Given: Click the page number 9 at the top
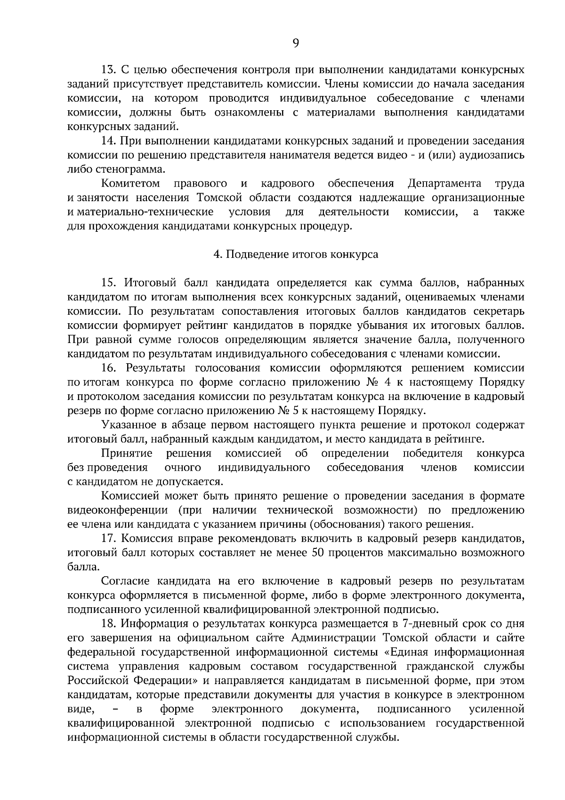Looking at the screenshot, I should (295, 43).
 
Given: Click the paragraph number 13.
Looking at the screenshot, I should (109, 70).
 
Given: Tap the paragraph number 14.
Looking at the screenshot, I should (109, 141).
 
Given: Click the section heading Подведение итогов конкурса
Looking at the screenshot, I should (295, 254).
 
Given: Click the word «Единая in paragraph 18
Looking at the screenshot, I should (404, 652).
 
